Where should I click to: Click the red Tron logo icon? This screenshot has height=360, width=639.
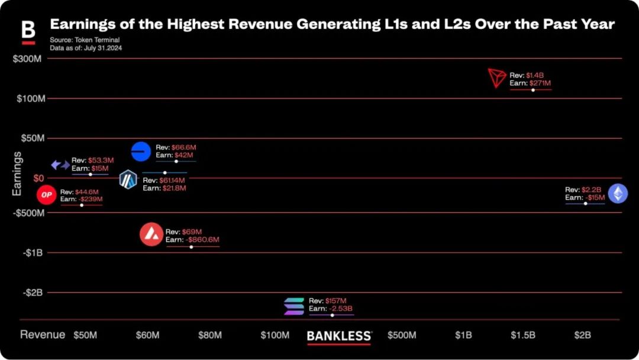pos(498,78)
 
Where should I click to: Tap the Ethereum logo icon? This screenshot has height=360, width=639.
pos(618,193)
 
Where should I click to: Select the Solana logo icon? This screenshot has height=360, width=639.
pos(293,306)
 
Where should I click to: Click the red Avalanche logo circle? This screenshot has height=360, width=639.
pos(151,234)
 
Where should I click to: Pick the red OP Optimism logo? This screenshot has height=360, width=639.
pos(46,195)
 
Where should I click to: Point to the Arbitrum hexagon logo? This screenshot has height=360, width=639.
pos(128,179)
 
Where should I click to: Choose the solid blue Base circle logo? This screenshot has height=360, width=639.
pos(141,152)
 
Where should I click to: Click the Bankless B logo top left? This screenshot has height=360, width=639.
pos(28,32)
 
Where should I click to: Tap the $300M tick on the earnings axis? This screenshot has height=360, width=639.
pos(29,59)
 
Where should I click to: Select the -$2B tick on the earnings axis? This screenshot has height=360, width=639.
pos(33,292)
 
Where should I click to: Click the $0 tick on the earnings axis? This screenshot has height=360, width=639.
pos(38,178)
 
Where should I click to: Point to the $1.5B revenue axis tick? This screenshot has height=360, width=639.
pos(522,335)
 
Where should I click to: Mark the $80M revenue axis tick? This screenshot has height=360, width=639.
pos(209,335)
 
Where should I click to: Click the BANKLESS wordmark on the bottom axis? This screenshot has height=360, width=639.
pos(339,336)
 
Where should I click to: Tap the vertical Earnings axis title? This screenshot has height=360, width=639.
pos(17,173)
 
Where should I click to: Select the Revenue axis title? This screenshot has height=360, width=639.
pos(43,335)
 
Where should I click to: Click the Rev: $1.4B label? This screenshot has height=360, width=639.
pos(527,75)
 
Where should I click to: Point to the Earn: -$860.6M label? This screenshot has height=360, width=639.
pos(192,240)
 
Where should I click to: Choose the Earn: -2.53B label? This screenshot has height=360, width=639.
pos(331,308)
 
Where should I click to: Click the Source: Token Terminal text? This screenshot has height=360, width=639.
pos(85,40)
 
